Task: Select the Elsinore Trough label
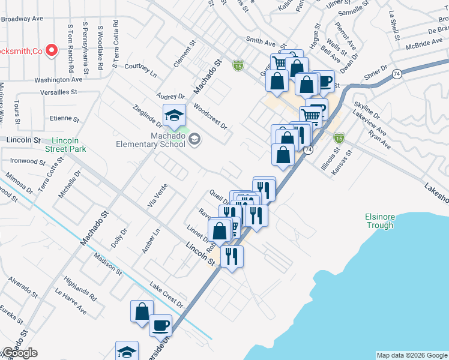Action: pyautogui.click(x=379, y=221)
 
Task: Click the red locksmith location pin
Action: pyautogui.click(x=52, y=50)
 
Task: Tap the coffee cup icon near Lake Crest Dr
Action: pyautogui.click(x=160, y=325)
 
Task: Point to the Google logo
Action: pyautogui.click(x=20, y=353)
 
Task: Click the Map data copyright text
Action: pyautogui.click(x=411, y=355)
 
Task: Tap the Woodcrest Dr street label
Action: pyautogui.click(x=210, y=116)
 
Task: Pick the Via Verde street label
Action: pyautogui.click(x=157, y=196)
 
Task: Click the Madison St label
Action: pyautogui.click(x=107, y=264)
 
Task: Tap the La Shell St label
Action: pyautogui.click(x=394, y=26)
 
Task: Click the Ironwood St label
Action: pyautogui.click(x=28, y=161)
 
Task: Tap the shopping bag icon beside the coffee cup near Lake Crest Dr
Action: pyautogui.click(x=142, y=312)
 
